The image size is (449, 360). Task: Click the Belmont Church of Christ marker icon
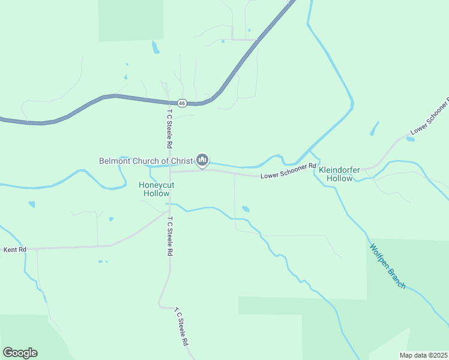[202, 160]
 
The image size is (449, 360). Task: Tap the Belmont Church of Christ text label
[146, 160]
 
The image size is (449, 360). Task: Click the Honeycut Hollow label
[156, 190]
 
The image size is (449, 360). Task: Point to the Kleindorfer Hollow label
[339, 174]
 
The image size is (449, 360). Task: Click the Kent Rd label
[15, 249]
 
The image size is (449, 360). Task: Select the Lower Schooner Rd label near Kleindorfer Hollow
[288, 171]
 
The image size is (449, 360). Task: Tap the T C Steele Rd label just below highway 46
[170, 128]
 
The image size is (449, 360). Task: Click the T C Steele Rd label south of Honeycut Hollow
[170, 236]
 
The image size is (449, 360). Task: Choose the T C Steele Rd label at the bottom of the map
[182, 327]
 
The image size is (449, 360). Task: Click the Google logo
[20, 353]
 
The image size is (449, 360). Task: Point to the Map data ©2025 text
[423, 355]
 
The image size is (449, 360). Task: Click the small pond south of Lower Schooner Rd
[246, 209]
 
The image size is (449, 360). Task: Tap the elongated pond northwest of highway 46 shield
[156, 47]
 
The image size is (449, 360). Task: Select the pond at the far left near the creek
[31, 204]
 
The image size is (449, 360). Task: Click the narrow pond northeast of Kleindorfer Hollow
[375, 128]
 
